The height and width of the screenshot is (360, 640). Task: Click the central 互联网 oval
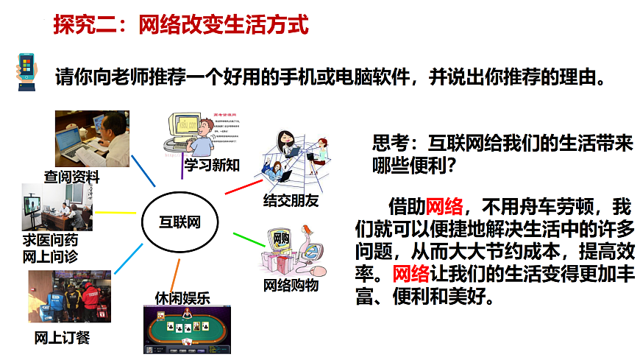[180, 222]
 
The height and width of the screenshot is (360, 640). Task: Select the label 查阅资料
[71, 177]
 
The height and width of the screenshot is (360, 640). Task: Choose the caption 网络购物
[291, 284]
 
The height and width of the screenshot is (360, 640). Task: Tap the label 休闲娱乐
[182, 298]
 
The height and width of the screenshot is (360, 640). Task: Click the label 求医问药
[51, 241]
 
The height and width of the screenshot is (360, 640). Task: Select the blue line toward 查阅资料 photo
[143, 170]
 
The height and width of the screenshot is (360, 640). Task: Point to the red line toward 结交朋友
[243, 187]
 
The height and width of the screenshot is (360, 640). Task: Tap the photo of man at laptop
[92, 138]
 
